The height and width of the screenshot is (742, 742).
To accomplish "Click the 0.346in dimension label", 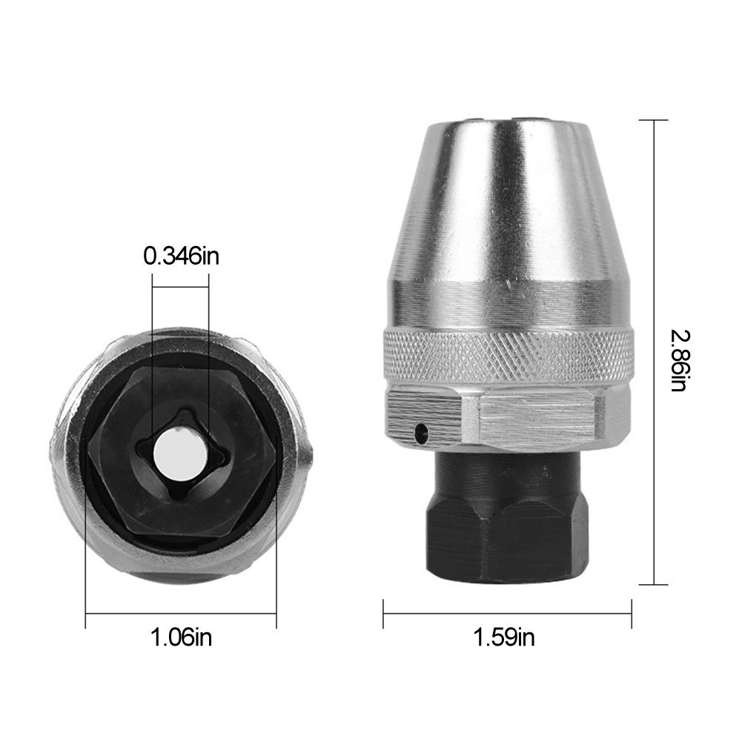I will tap(182, 256).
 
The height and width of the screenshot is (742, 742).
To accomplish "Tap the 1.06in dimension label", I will tap(182, 636).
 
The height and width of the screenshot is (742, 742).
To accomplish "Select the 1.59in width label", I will tap(505, 636).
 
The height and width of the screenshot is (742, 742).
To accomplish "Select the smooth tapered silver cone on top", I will tap(509, 215).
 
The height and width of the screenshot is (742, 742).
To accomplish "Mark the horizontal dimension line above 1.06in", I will tap(182, 612).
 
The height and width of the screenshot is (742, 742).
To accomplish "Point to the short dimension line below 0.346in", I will tap(180, 276).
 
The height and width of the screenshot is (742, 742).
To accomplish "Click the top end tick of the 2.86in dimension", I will tap(653, 120).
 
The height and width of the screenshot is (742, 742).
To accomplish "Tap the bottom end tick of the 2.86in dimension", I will tap(653, 584).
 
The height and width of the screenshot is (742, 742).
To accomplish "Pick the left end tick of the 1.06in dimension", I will tap(86, 612).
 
